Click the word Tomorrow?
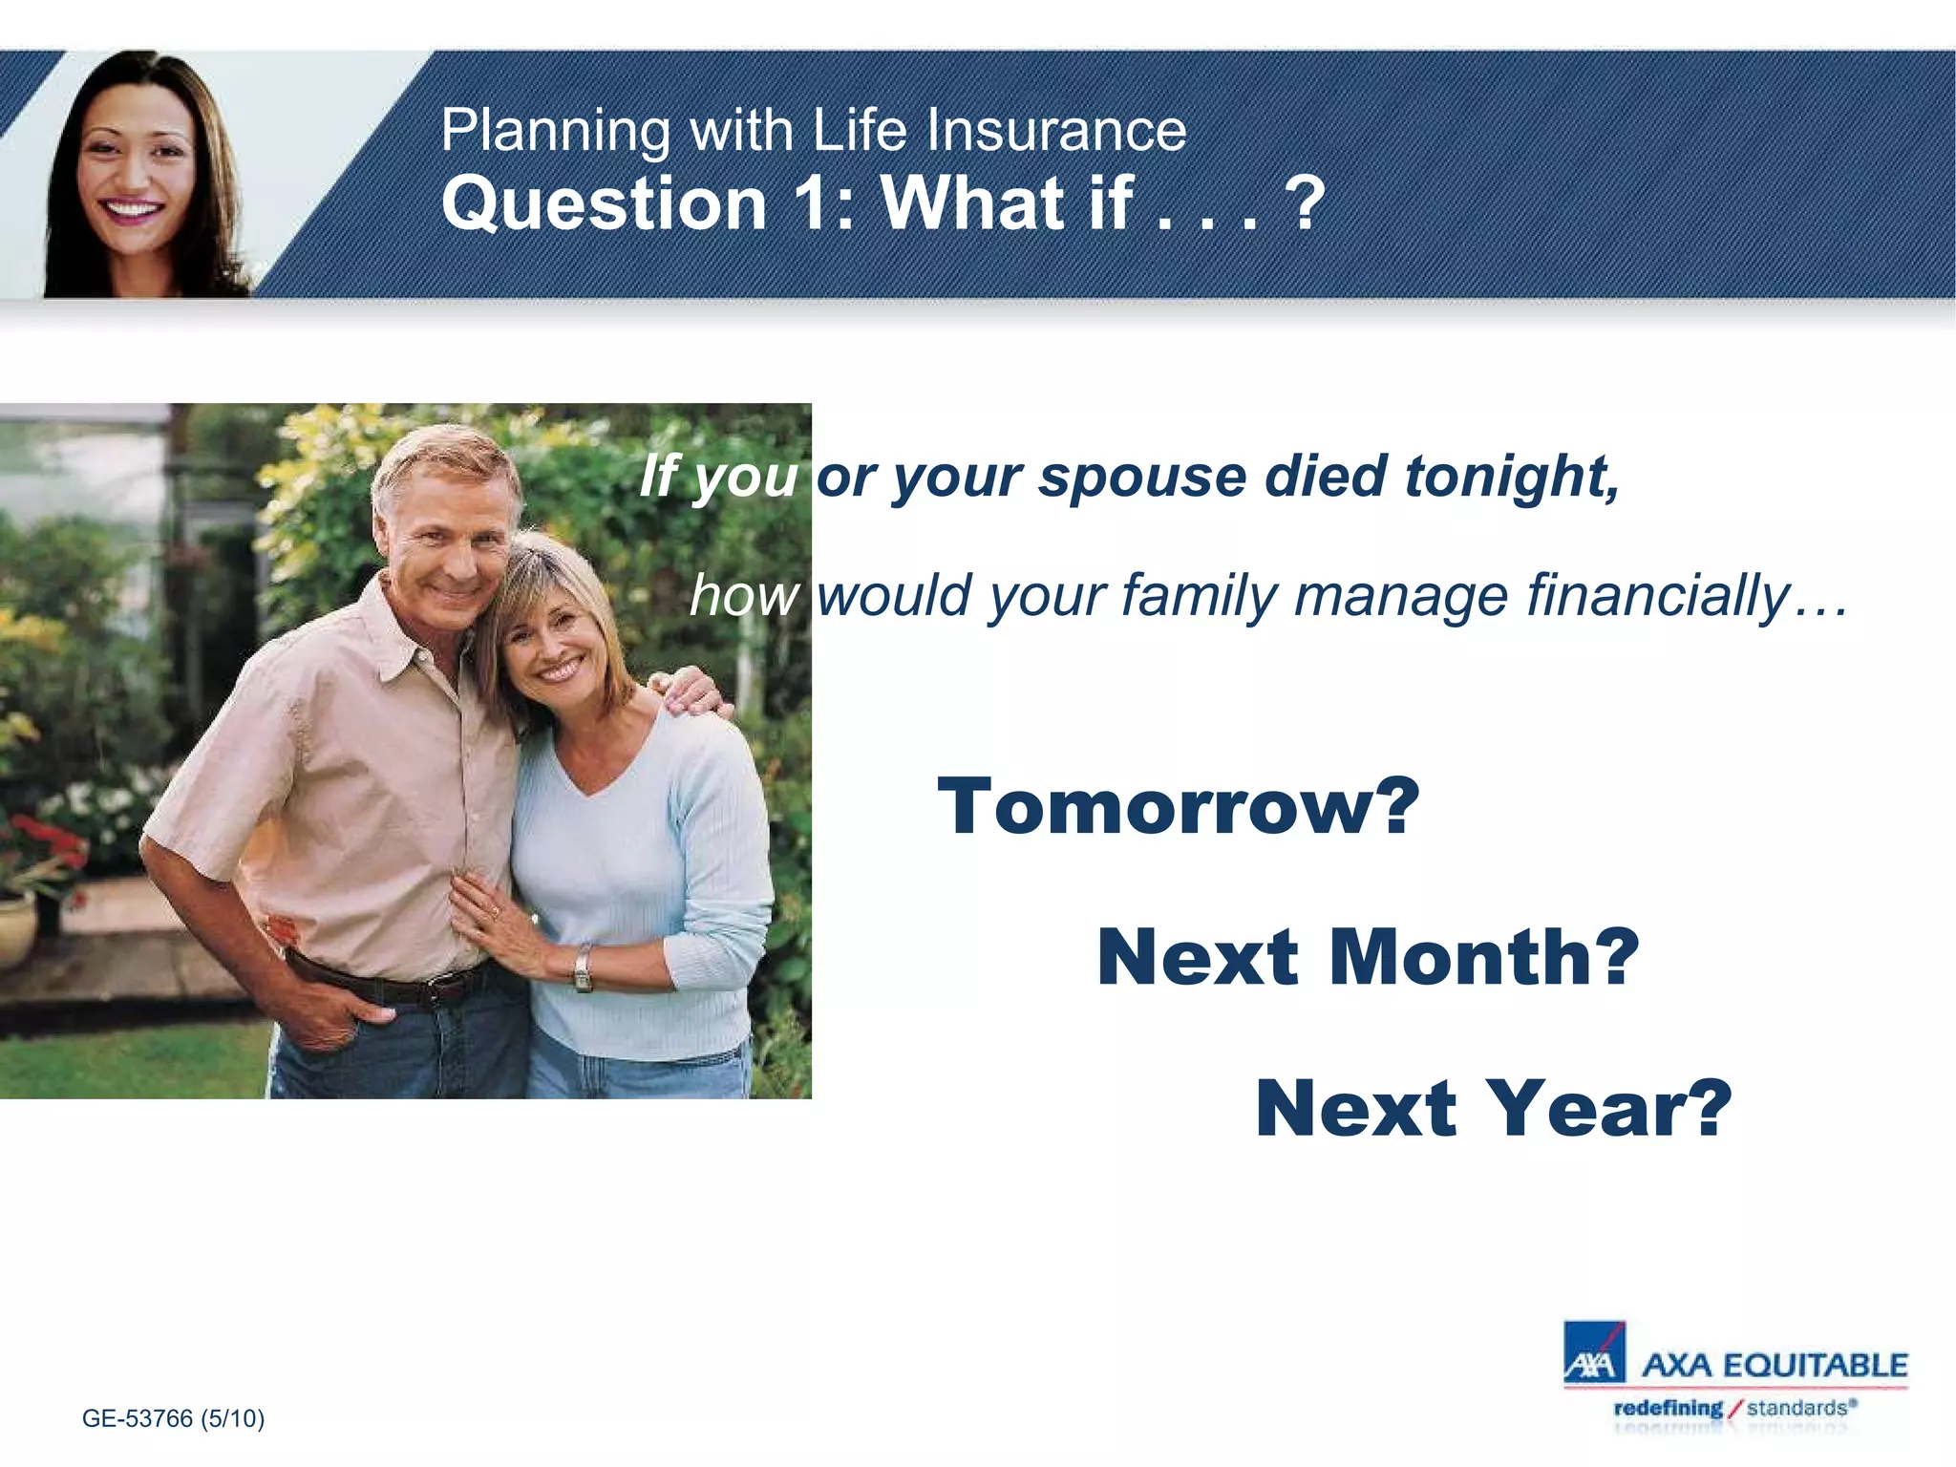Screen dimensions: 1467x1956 [1178, 807]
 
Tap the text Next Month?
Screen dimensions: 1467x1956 [1368, 957]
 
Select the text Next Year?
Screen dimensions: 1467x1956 [1493, 1108]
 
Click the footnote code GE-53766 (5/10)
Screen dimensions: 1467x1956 [173, 1418]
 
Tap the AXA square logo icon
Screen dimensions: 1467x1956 [1593, 1352]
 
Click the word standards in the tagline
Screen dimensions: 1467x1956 [1796, 1408]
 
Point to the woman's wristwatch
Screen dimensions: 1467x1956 [582, 967]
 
